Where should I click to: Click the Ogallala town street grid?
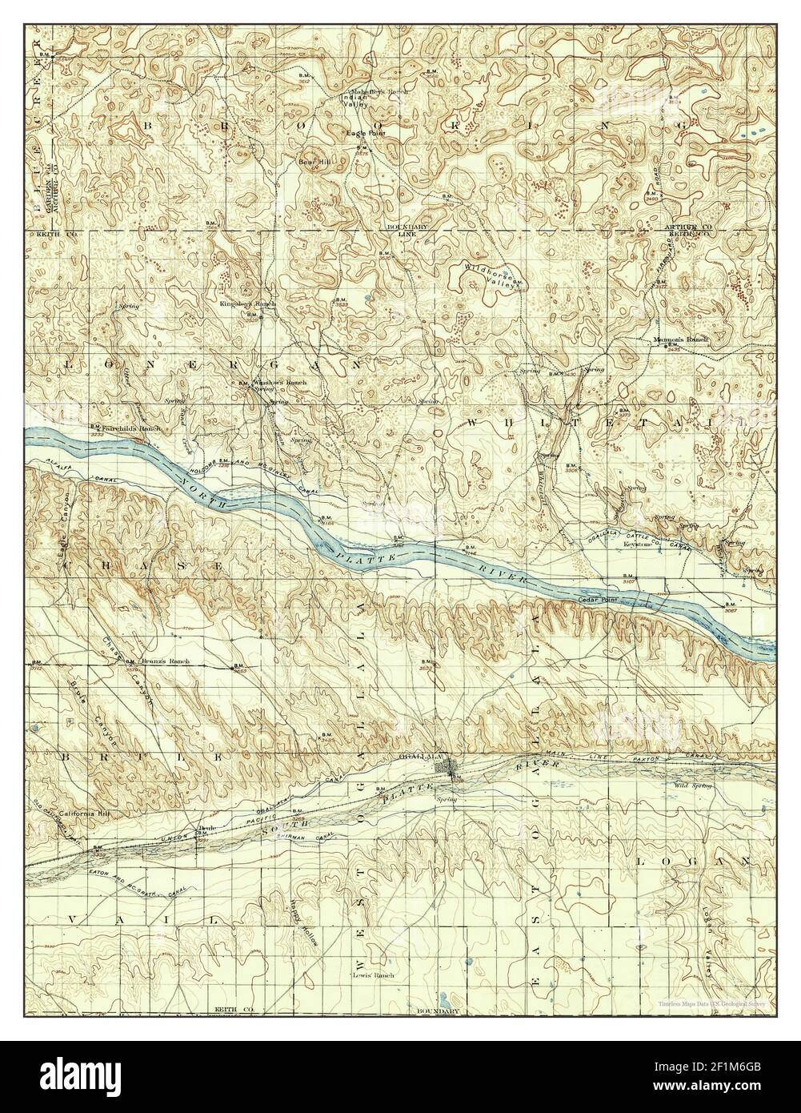[x=445, y=769]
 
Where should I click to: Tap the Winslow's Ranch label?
[x=279, y=383]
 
